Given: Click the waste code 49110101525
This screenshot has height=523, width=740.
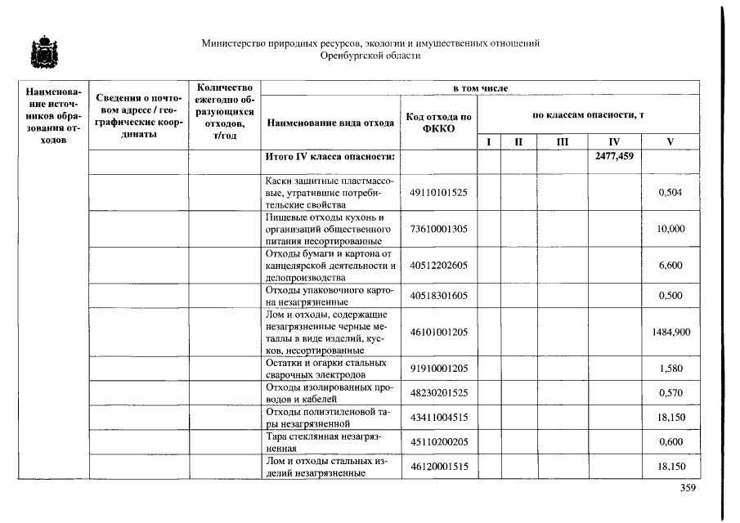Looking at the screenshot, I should (x=438, y=193).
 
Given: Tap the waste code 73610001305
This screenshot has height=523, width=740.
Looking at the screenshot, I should (x=438, y=229).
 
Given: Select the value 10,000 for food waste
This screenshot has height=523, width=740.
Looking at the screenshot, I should (x=670, y=229).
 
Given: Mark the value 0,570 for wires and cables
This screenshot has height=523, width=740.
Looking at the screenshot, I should (x=670, y=393).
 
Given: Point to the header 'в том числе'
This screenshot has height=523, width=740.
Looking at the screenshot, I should (x=481, y=87).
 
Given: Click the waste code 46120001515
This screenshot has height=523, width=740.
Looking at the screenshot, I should (x=438, y=467).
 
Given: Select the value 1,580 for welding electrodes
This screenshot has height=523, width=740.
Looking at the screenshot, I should (x=670, y=369).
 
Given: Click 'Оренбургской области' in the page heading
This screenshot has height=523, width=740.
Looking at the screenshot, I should (x=370, y=56).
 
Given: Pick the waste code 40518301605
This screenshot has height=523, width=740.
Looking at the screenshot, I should (x=438, y=295).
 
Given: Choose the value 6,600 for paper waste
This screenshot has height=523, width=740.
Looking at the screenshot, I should (x=670, y=266).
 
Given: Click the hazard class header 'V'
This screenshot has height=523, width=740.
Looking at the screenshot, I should (x=670, y=142).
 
